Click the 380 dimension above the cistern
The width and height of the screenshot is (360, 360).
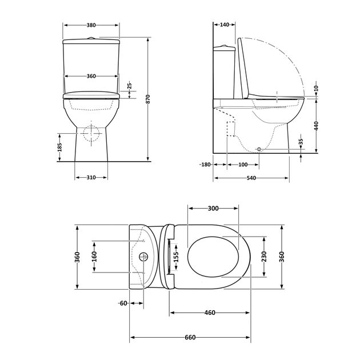(x=91, y=25)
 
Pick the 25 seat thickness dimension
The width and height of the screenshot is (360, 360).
(x=130, y=85)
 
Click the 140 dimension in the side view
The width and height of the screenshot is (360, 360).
(x=224, y=25)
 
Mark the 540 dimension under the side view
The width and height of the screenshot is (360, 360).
(x=251, y=178)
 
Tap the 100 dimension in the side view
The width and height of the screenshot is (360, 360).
(x=243, y=165)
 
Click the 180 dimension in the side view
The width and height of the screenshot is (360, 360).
(x=206, y=165)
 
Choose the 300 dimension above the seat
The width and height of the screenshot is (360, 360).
(x=213, y=209)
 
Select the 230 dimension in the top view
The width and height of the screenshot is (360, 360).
(x=263, y=257)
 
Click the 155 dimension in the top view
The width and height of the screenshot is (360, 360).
(x=176, y=257)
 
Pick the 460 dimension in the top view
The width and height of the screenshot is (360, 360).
(x=209, y=313)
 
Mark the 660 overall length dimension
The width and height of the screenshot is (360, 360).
(x=190, y=337)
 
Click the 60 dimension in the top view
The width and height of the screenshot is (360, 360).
(x=122, y=303)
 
